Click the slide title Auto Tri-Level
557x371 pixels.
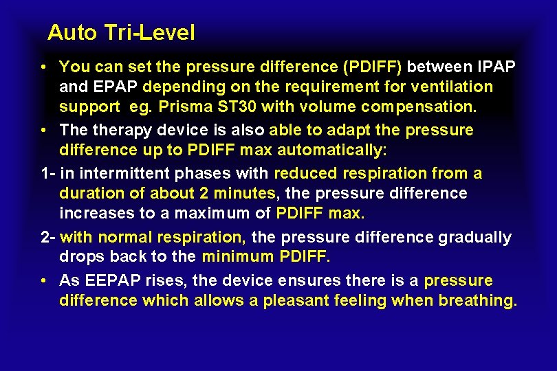coord(121,32)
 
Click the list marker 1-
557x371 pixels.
coord(47,173)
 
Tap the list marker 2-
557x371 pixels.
coord(47,237)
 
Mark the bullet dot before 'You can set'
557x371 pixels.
coord(43,67)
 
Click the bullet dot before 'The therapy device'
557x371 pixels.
coord(43,131)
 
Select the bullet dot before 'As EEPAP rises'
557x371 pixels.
coord(43,281)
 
